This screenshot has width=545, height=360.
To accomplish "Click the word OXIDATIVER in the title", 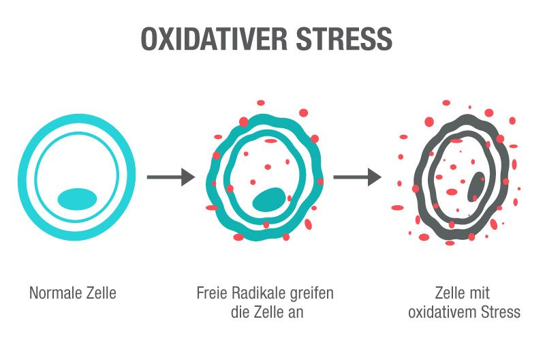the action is (x=214, y=38).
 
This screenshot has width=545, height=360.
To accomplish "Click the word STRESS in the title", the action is (x=344, y=38).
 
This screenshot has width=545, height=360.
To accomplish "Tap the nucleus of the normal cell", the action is (x=77, y=199).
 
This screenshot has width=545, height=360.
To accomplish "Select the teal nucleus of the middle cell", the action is (x=268, y=200).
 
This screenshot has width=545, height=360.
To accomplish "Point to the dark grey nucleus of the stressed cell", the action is (x=476, y=187).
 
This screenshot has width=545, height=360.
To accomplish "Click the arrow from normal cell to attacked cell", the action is (x=171, y=177).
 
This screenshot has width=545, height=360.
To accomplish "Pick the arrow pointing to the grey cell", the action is (x=357, y=177).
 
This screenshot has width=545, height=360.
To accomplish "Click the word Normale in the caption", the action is (x=56, y=293).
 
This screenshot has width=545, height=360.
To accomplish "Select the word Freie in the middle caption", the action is (x=212, y=293).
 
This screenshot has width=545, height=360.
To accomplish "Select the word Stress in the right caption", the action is (x=501, y=312).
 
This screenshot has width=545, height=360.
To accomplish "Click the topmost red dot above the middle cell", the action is (x=261, y=102).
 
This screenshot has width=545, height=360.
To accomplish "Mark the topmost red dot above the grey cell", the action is (x=446, y=102).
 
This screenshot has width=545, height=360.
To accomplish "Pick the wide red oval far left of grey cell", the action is (x=397, y=208).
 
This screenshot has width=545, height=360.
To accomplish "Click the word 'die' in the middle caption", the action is (x=240, y=312).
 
